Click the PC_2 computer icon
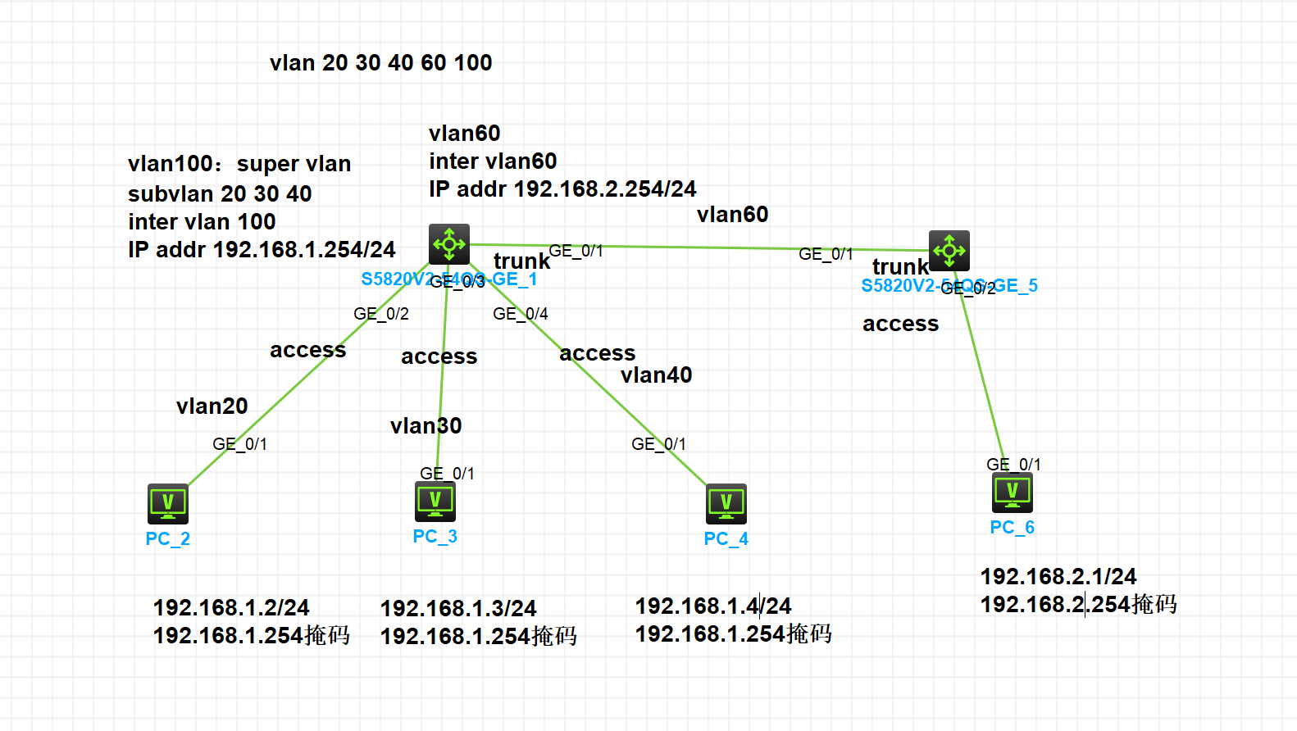(168, 503)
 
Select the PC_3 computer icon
(435, 501)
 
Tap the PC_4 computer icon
(726, 503)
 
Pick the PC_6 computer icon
(1012, 492)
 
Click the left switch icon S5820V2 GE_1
(449, 244)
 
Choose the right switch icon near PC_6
(949, 251)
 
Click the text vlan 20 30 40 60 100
(380, 63)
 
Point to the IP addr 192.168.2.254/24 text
(562, 189)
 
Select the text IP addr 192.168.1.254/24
(261, 250)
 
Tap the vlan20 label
(212, 406)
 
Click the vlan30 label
(426, 426)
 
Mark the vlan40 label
(656, 375)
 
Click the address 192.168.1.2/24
(230, 608)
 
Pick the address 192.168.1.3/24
(457, 609)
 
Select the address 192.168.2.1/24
(1058, 577)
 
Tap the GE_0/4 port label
(520, 314)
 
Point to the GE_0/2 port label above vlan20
(380, 314)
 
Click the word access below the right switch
(900, 325)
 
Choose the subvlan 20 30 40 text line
(219, 194)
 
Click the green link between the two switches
(697, 247)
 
